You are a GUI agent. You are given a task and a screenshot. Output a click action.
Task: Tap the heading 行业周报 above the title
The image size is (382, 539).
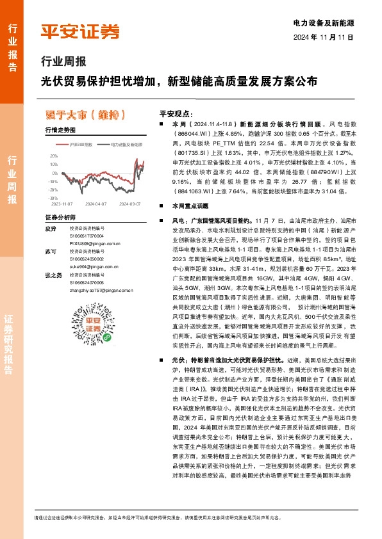click(x=63, y=63)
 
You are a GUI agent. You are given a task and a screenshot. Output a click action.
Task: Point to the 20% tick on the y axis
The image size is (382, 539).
click(x=53, y=156)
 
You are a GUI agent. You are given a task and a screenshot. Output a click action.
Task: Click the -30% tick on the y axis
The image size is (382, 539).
click(x=53, y=198)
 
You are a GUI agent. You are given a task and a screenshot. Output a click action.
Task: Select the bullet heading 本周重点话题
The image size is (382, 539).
click(x=190, y=206)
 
